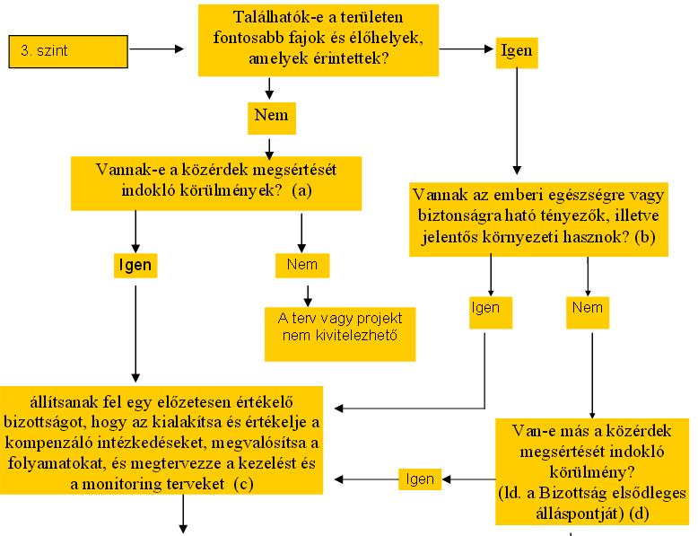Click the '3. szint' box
pos(68,52)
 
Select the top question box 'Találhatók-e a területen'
pos(318,40)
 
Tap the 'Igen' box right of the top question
pos(517,52)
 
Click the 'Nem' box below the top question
pos(272,119)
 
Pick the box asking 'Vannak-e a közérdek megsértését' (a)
pos(216,183)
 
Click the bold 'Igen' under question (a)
pos(135,266)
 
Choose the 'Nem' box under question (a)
pos(302,266)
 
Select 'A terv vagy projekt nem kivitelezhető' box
pos(340,334)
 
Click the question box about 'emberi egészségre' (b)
pos(538,219)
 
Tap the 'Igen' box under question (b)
pos(491,312)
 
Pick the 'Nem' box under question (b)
pos(588,312)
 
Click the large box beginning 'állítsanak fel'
pos(161,440)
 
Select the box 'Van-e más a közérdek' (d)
pos(592,471)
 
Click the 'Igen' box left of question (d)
pos(420,479)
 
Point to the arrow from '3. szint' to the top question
pos(157,49)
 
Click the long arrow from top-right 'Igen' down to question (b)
pos(517,121)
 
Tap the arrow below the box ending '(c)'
pos(183,514)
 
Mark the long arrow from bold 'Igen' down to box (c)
pos(135,334)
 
